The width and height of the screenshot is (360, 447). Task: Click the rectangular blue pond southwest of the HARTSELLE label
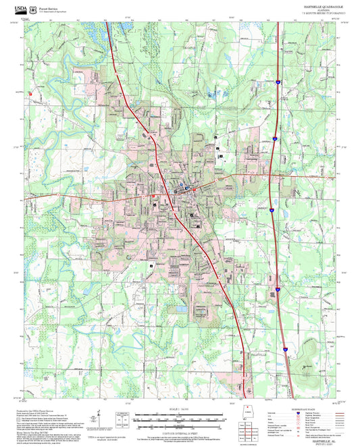click(181, 309)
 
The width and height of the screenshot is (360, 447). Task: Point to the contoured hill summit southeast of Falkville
click(307, 368)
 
